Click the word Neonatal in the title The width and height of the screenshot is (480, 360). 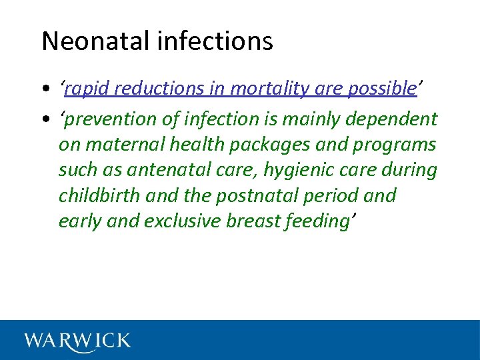97,41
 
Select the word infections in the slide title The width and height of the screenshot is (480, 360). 215,41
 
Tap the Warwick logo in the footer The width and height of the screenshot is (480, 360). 77,341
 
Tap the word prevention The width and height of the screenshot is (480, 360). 111,119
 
